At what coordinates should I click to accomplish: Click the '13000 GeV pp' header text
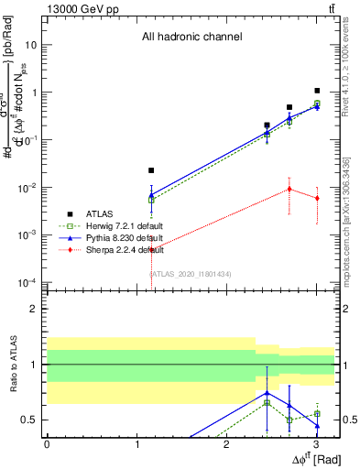tap(79, 8)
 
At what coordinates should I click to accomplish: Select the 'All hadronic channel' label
tap(191, 38)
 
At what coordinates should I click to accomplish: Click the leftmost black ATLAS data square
tap(152, 170)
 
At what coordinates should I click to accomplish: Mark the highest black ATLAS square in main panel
tap(317, 91)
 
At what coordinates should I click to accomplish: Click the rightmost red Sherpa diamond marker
tap(317, 198)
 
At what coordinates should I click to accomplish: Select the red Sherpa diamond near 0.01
tap(289, 189)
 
